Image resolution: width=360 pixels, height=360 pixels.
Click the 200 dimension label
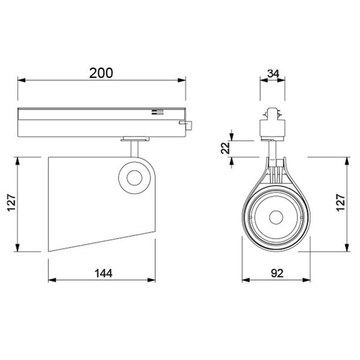pos(101,73)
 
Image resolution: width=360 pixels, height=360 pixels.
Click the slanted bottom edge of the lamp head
pos(102,239)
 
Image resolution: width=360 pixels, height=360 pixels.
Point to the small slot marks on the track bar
pos(157,112)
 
